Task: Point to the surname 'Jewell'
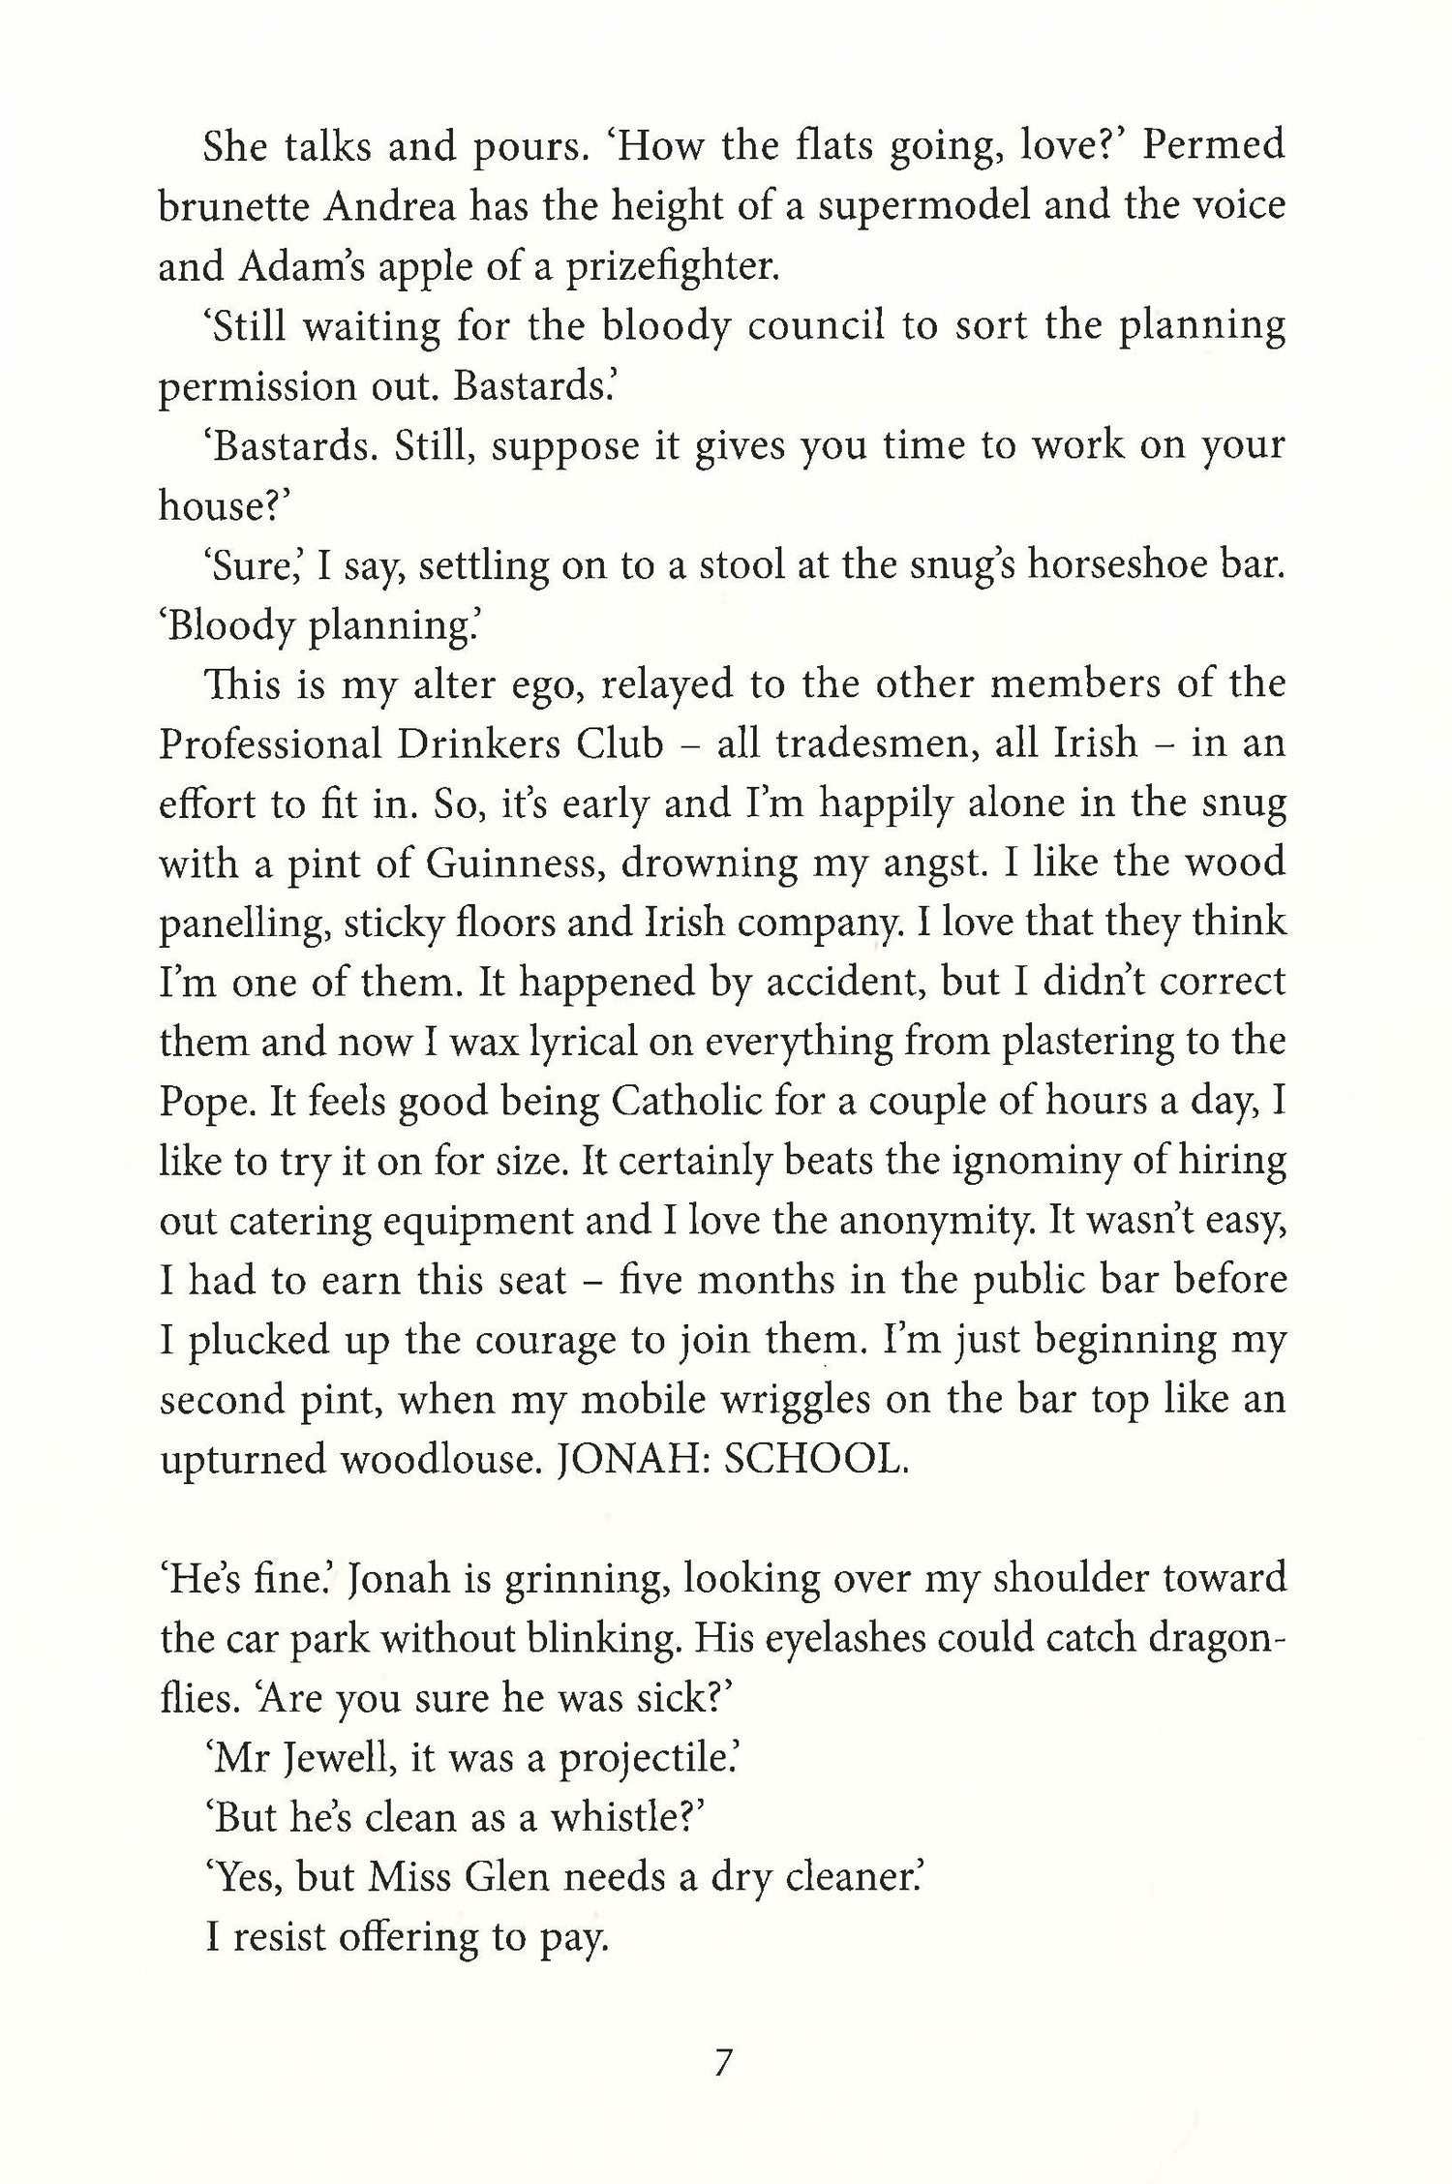coord(325,1758)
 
